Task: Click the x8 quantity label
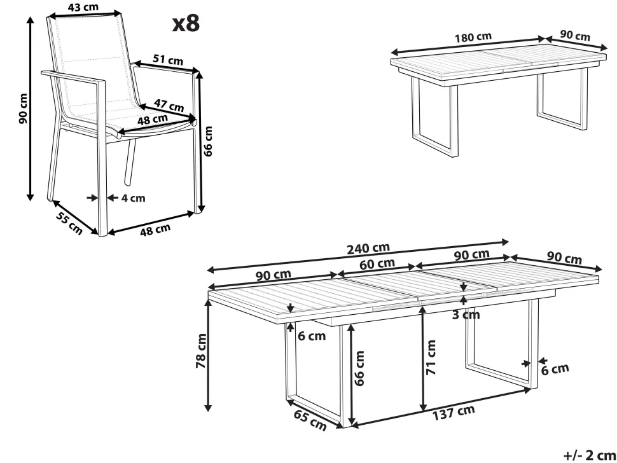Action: click(x=186, y=23)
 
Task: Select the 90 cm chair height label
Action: click(x=23, y=108)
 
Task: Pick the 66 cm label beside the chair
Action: click(x=209, y=141)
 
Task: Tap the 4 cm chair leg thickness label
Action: click(x=133, y=198)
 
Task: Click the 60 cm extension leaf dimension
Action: click(x=377, y=263)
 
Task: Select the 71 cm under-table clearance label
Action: click(x=432, y=357)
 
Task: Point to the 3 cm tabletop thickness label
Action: click(x=466, y=315)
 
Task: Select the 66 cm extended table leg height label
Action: click(x=360, y=368)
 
